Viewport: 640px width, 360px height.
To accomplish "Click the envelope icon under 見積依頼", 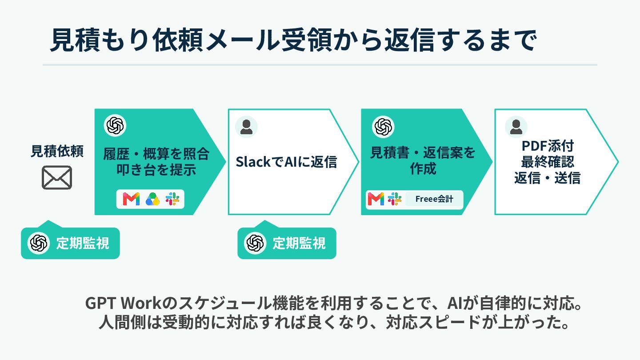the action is tap(57, 177).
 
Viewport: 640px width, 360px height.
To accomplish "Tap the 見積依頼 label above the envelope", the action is tap(57, 151).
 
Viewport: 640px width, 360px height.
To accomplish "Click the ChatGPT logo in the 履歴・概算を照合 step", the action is tap(115, 125).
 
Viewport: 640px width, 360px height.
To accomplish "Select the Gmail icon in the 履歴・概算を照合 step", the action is tap(131, 199).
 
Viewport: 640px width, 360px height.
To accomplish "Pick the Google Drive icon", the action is tap(152, 199).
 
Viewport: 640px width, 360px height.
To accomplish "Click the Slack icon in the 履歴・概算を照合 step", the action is tap(172, 199).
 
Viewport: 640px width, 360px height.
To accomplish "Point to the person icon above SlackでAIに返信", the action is tap(246, 127).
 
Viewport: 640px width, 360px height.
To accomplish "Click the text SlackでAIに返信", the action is tap(287, 162).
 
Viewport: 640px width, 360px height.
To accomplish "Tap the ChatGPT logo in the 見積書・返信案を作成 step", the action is tap(383, 127).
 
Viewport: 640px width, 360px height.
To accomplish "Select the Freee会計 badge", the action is tap(434, 199).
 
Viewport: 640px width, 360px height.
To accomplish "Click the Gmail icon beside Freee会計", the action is tap(376, 199).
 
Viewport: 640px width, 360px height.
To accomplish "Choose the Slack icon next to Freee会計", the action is tap(395, 199).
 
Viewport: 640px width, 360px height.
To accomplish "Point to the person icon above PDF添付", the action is tap(516, 127).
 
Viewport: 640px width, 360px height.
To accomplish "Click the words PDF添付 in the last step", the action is tap(548, 146).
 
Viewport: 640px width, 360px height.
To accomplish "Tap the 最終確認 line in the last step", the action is tap(548, 162).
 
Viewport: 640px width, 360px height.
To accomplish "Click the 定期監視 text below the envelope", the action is tap(83, 244).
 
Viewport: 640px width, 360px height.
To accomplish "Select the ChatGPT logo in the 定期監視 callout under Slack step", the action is tap(255, 243).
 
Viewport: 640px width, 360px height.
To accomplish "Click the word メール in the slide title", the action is tap(242, 40).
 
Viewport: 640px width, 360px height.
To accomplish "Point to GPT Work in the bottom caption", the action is tap(124, 303).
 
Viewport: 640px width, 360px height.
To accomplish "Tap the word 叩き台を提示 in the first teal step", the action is tap(156, 170).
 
